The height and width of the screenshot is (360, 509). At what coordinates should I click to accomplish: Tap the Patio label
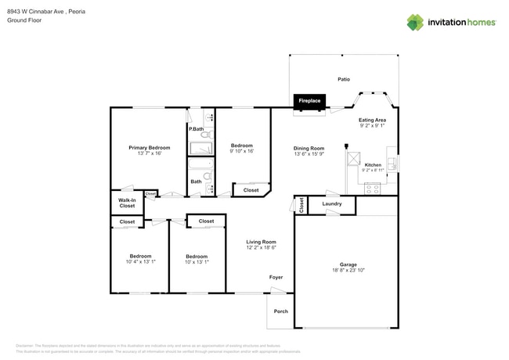343,80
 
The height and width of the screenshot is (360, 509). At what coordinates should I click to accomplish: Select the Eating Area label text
372,120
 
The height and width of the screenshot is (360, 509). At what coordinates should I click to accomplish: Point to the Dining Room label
309,148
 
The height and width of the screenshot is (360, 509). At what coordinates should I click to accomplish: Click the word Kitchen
373,165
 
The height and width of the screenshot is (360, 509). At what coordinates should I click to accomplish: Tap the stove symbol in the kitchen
373,188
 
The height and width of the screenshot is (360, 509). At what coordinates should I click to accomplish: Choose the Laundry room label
331,204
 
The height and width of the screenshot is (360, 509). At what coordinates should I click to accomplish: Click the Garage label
348,265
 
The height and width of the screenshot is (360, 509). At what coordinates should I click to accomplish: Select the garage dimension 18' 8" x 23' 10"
348,271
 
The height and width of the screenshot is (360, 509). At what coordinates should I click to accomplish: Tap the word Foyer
276,277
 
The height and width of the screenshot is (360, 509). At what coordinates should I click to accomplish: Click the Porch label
280,311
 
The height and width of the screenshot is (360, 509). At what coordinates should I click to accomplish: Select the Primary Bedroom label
149,147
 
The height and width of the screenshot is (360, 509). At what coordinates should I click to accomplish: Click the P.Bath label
196,128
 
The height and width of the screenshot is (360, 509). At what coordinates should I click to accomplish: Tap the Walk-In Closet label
127,203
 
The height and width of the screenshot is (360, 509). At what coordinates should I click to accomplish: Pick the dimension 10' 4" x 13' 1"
140,261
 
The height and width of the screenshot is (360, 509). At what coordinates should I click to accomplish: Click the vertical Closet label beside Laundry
301,205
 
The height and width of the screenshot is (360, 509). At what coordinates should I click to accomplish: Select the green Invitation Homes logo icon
414,23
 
